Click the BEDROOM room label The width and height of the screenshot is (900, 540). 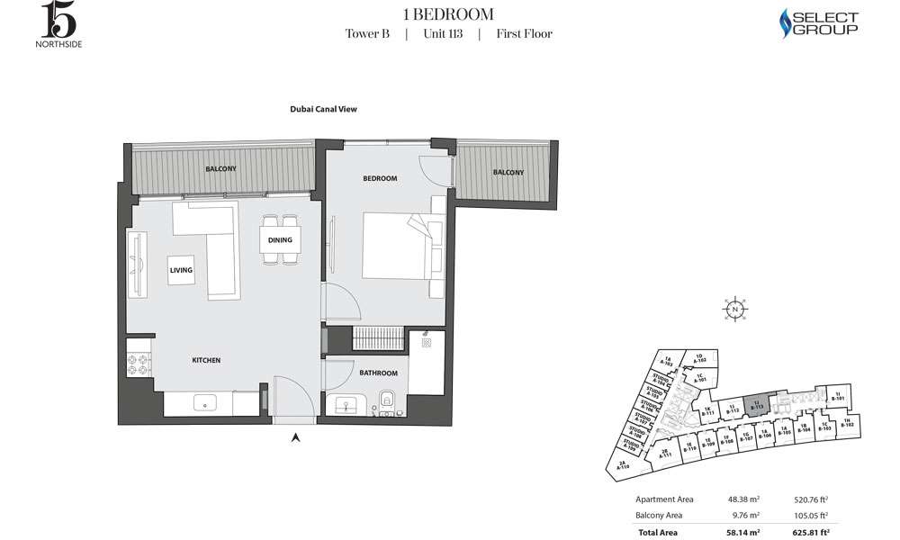380,178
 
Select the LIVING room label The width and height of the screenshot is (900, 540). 182,269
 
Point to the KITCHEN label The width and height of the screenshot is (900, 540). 206,360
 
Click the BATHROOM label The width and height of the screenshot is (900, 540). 379,373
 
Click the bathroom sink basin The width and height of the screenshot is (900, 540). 346,405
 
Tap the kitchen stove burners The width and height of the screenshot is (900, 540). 139,364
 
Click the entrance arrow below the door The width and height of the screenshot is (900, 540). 295,438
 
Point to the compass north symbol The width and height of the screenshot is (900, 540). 735,309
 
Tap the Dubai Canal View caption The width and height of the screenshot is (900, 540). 324,110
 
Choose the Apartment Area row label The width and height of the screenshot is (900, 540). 664,499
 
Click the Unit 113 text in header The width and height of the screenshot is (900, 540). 442,34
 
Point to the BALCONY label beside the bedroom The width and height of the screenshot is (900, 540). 508,172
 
